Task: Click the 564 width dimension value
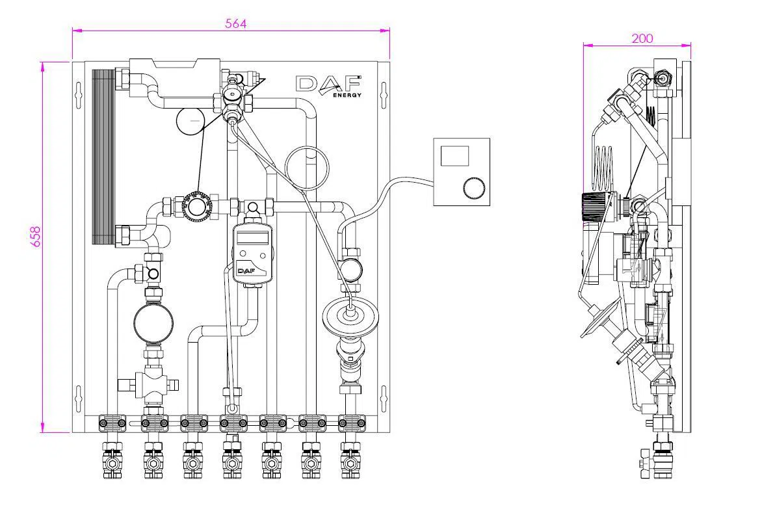236,23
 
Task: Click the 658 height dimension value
36,237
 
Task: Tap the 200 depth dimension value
642,38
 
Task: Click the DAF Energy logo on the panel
329,86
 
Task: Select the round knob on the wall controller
473,189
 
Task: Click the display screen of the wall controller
454,156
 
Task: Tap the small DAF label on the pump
246,271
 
